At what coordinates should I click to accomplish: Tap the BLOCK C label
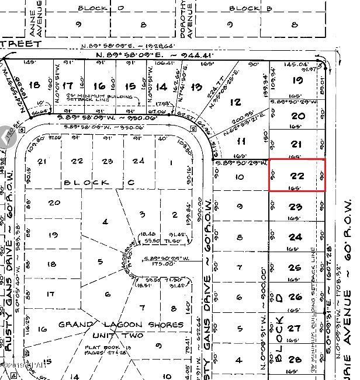click(99, 182)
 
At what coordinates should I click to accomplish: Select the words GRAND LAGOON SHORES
click(120, 325)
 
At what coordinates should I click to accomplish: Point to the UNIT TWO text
click(115, 336)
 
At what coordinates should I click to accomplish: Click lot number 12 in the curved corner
click(235, 102)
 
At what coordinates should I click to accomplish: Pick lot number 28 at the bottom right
click(296, 358)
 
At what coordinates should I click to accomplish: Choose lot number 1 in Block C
click(171, 162)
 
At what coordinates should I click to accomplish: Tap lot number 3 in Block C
click(142, 214)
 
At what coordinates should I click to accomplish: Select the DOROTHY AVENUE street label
click(186, 18)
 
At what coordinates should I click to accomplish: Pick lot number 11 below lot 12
click(240, 142)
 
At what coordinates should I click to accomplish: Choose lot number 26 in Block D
click(296, 297)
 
